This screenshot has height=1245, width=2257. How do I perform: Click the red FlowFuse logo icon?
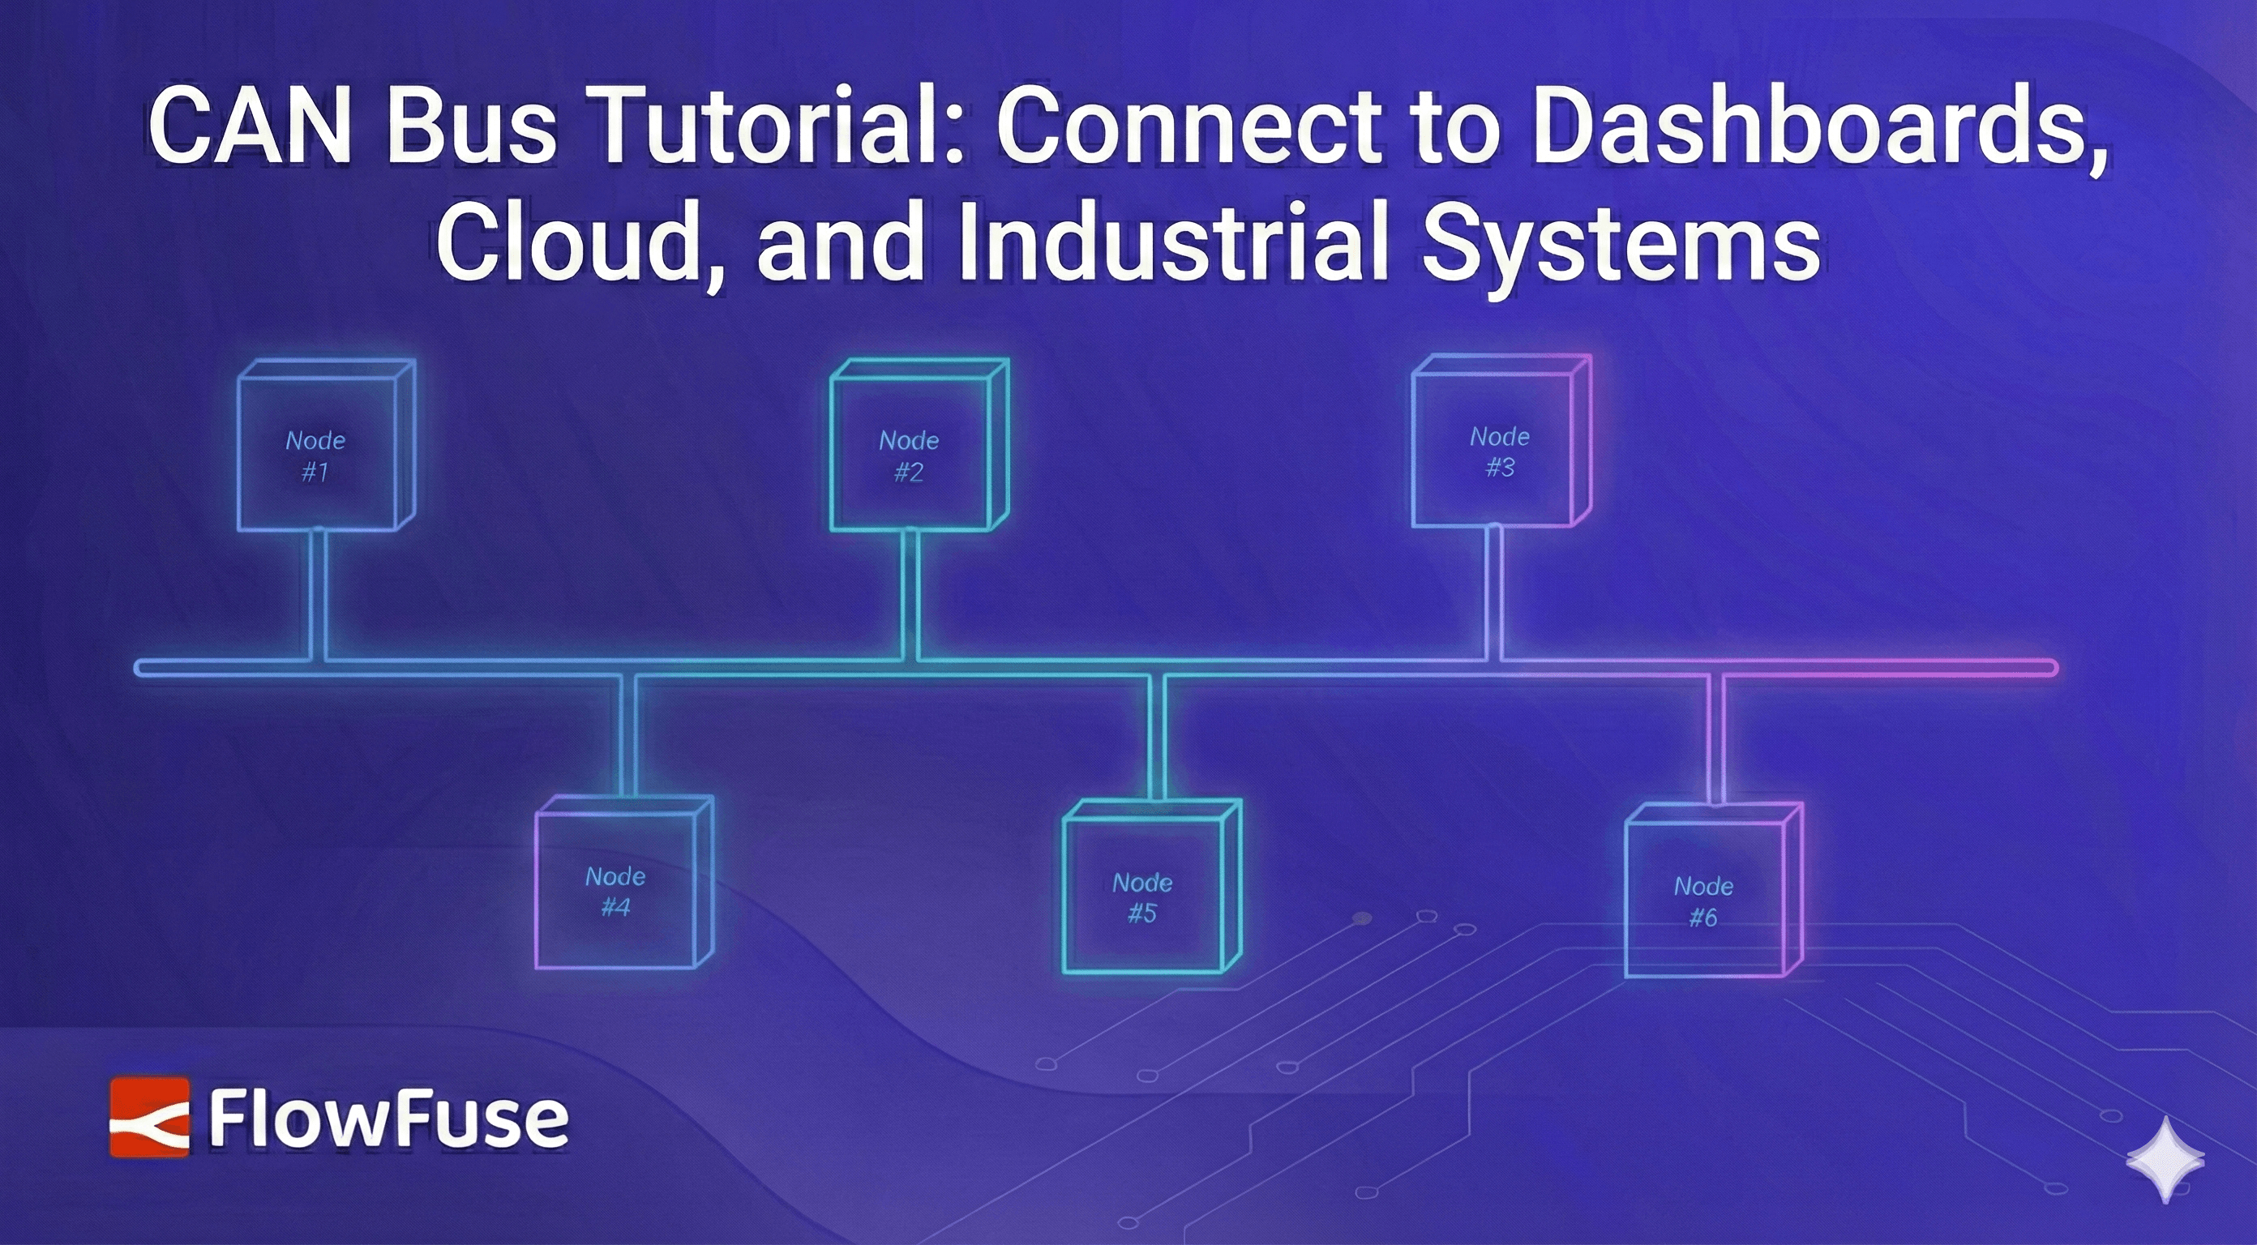pos(149,1117)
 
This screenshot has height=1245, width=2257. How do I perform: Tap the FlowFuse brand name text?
pos(388,1119)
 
